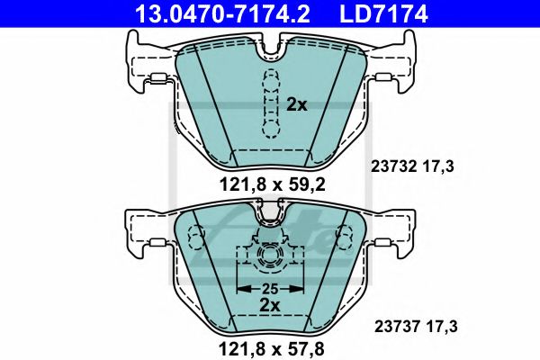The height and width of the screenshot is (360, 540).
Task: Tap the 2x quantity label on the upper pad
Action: pyautogui.click(x=297, y=105)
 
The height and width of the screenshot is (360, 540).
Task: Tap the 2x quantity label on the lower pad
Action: pyautogui.click(x=271, y=305)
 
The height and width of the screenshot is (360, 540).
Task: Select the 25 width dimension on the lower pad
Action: pyautogui.click(x=271, y=288)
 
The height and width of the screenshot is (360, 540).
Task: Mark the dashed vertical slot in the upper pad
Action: pyautogui.click(x=268, y=101)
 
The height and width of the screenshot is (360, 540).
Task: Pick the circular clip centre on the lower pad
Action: pyautogui.click(x=270, y=259)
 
